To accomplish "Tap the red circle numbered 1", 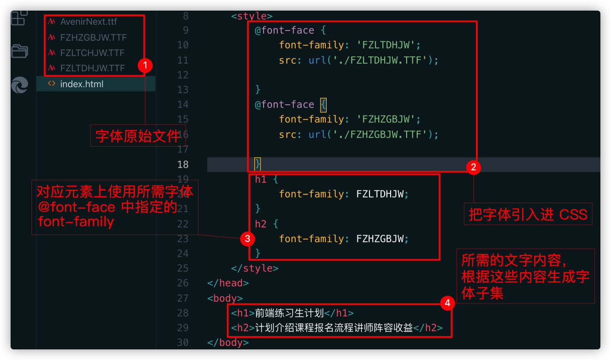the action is click(145, 65).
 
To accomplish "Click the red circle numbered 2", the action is click(474, 167).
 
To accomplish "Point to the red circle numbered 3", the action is click(247, 239).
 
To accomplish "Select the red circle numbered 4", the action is click(447, 303).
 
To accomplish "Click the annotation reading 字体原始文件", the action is click(138, 136).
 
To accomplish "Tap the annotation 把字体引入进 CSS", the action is click(528, 214).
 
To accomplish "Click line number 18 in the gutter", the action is click(183, 164).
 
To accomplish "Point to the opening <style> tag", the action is click(252, 16).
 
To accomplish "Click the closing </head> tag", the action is click(228, 283).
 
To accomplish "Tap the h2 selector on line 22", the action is click(260, 224).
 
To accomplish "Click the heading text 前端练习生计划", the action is click(289, 313).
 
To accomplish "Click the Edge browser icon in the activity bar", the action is click(19, 85).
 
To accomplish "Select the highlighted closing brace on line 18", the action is click(257, 164).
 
